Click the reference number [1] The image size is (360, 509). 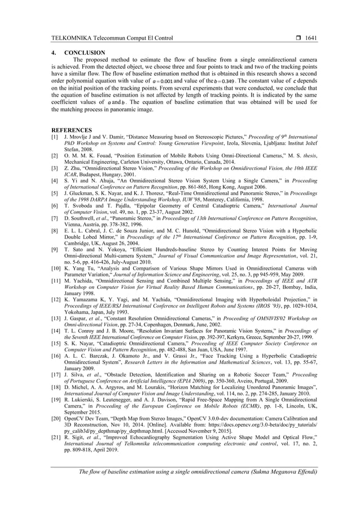(55, 138)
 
